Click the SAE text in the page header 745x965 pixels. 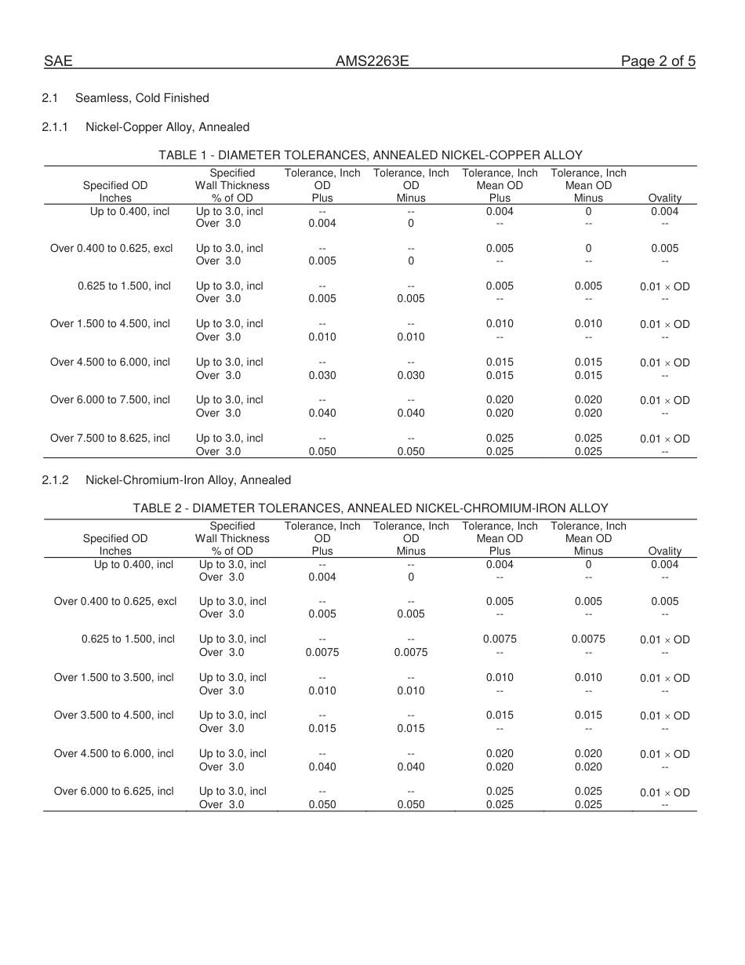58,61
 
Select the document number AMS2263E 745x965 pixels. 372,61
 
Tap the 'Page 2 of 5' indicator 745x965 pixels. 658,61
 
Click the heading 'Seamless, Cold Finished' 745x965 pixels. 142,98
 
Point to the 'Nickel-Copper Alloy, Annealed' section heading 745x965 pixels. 167,127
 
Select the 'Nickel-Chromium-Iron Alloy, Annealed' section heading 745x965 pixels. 188,480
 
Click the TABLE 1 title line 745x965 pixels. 370,155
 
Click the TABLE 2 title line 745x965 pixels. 370,508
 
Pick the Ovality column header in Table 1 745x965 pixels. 665,198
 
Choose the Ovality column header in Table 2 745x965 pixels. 665,552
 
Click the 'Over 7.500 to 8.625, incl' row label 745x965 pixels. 110,438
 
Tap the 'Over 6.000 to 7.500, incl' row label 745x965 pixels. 110,400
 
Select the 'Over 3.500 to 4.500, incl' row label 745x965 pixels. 114,715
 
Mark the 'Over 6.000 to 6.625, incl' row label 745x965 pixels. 114,791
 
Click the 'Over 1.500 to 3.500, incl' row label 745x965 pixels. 114,677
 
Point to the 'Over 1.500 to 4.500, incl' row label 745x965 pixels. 110,323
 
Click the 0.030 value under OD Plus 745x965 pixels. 322,375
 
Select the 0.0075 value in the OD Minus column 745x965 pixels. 411,652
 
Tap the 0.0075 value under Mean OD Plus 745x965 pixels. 500,639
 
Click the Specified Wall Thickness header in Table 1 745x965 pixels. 232,185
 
